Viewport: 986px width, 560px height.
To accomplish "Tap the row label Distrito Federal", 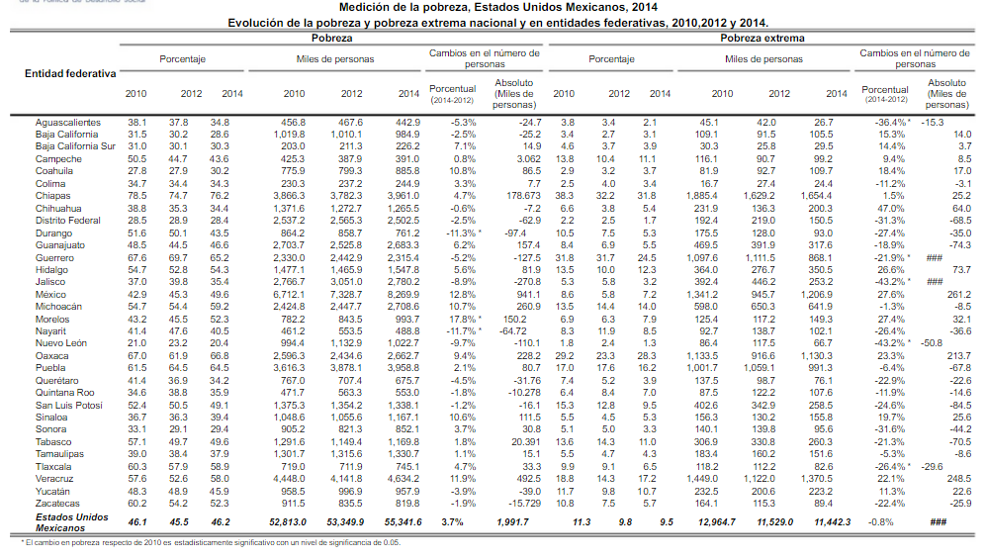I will pos(68,221).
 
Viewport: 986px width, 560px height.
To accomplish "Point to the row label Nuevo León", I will pos(61,343).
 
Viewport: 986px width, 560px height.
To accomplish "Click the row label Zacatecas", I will pos(56,503).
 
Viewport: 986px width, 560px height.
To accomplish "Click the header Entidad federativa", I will pos(70,74).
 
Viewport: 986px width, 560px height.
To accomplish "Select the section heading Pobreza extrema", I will pos(761,37).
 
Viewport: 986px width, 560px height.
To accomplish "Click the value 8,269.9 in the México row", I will pos(403,294).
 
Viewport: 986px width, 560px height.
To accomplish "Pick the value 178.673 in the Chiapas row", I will pos(516,196).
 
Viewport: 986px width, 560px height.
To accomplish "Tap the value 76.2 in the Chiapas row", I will pos(218,196).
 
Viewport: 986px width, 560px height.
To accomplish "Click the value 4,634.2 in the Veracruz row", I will pos(403,479).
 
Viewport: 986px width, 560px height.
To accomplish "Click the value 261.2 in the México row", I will pos(959,294).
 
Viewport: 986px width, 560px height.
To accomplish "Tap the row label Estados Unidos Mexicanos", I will pos(71,522).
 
